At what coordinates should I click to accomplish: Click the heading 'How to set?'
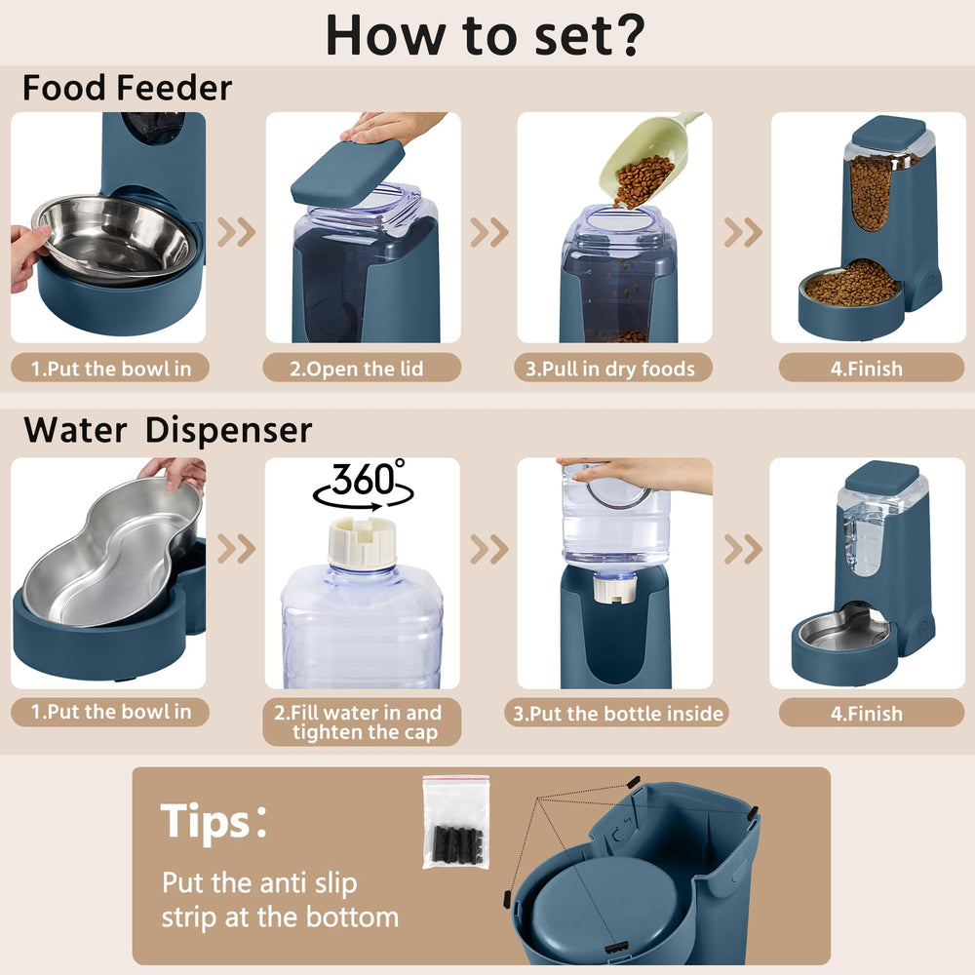coord(485,34)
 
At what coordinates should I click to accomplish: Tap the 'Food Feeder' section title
coord(127,89)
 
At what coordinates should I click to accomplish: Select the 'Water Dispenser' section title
coord(168,430)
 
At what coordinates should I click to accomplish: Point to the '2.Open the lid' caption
coord(362,369)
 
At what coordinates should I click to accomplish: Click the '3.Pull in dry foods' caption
coord(613,369)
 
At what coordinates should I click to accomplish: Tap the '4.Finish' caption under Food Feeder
coord(867,369)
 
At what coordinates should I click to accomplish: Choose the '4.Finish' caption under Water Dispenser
coord(867,713)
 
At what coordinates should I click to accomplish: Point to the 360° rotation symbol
coord(362,486)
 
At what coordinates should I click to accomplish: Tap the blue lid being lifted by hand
coord(348,173)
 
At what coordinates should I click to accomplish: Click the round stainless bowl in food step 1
coord(114,237)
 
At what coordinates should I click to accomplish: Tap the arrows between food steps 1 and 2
coord(236,232)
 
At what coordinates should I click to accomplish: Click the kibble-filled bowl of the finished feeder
coord(851,285)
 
